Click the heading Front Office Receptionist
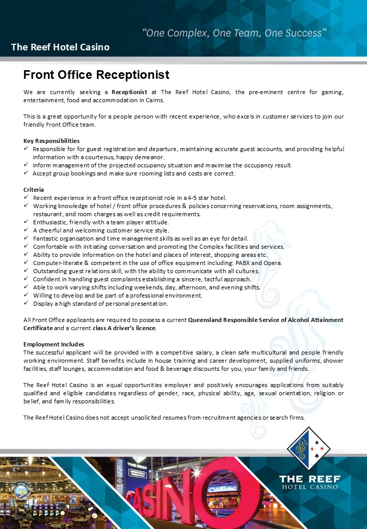96,75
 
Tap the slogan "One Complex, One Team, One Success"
234,33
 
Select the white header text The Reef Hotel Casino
60,47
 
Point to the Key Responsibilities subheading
51,141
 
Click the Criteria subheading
34,190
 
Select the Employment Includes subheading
54,344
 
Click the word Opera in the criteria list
272,263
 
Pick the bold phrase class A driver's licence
124,328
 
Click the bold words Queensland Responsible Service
234,320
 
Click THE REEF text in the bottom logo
309,479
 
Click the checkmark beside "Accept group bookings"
26,173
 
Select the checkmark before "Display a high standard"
26,304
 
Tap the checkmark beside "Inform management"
26,165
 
